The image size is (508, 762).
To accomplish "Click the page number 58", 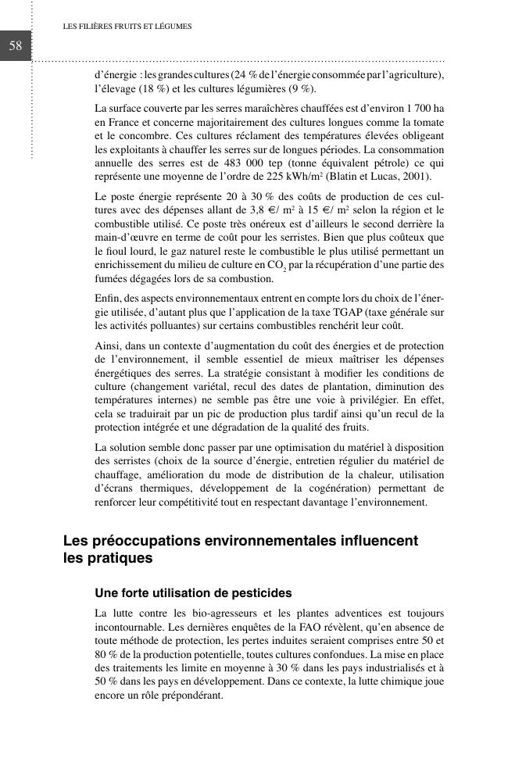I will point(15,46).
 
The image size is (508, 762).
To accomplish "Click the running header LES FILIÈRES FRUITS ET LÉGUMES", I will point(127,27).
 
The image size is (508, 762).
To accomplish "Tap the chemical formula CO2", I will point(275,266).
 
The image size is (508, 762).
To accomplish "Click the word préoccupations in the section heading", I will point(148,541).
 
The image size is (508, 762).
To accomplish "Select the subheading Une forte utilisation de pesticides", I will point(193,592).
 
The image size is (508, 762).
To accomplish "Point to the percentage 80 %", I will point(106,654).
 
